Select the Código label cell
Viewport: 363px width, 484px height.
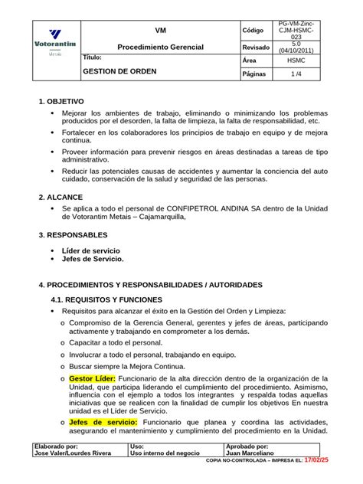253,30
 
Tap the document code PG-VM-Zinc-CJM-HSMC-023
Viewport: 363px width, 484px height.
296,30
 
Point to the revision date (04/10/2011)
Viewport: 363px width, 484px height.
296,51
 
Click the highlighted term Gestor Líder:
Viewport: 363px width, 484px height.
93,379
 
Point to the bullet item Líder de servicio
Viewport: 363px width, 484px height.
90,250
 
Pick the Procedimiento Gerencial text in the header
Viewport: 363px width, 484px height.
160,47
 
